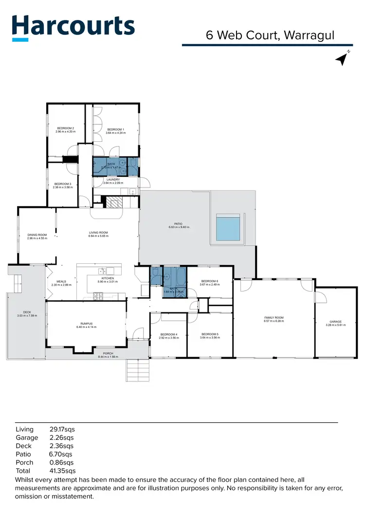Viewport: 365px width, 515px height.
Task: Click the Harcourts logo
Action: pyautogui.click(x=73, y=28)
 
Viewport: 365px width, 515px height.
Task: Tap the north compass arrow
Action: pyautogui.click(x=342, y=59)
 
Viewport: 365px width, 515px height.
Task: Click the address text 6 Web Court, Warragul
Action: pyautogui.click(x=270, y=35)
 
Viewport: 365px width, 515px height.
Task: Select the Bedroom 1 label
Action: pyautogui.click(x=115, y=129)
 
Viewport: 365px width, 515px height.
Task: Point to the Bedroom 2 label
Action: pyautogui.click(x=66, y=129)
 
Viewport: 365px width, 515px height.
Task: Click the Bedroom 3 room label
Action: pyautogui.click(x=63, y=184)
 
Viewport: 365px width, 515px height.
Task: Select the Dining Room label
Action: pyautogui.click(x=37, y=235)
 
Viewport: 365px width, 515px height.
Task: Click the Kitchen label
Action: pyautogui.click(x=106, y=278)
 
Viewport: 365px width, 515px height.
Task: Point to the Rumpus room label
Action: pyautogui.click(x=86, y=324)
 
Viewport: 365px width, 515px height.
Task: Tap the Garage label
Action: pyautogui.click(x=335, y=322)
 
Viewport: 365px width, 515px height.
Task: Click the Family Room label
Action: pyautogui.click(x=273, y=318)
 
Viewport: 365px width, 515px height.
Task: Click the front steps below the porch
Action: pyautogui.click(x=138, y=371)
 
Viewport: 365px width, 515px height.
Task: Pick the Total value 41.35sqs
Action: pyautogui.click(x=63, y=471)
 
